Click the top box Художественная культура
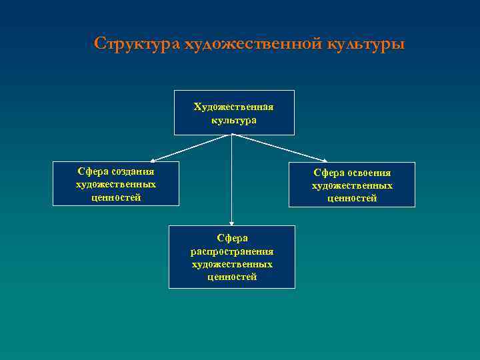point(234,113)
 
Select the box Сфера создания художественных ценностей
point(116,184)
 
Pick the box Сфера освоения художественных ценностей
point(352,185)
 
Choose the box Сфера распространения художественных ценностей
point(232,257)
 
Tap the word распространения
point(232,251)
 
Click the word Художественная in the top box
point(234,107)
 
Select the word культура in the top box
point(234,121)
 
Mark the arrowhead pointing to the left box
point(152,160)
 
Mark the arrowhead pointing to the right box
point(325,160)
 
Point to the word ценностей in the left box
point(116,197)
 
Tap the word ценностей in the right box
point(352,198)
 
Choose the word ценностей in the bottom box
point(232,277)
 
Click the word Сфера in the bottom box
point(232,238)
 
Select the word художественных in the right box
point(352,185)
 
